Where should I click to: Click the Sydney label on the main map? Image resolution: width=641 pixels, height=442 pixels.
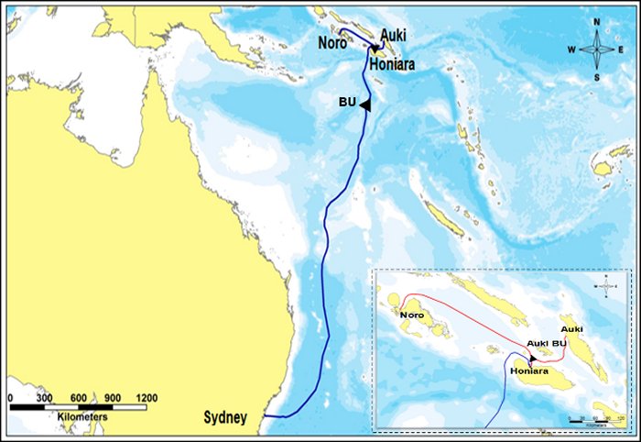[224, 418]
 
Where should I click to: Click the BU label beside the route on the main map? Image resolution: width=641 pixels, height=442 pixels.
[347, 103]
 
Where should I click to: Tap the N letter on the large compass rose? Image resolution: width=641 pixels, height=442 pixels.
[597, 22]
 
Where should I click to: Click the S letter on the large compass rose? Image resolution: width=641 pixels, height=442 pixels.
[597, 77]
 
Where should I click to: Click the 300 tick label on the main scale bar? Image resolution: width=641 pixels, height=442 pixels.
[43, 399]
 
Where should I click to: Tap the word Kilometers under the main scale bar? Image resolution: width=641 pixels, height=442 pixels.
[82, 417]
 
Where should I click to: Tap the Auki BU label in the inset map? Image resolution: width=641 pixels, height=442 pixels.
[546, 344]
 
